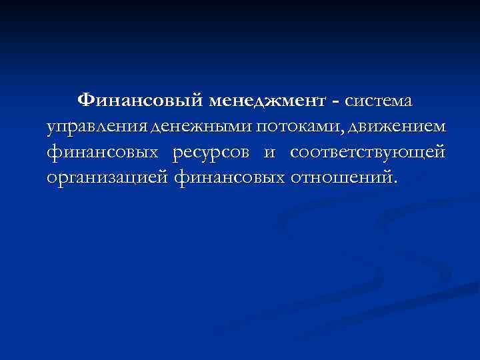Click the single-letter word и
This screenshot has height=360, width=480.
269,153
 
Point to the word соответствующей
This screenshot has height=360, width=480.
367,153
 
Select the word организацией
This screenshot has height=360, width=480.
108,178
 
